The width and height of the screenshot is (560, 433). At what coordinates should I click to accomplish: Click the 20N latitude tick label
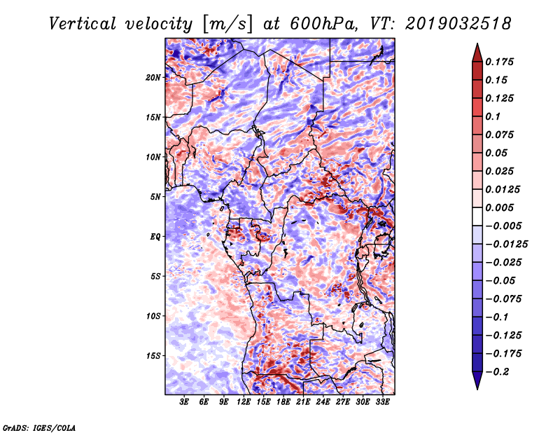click(153, 77)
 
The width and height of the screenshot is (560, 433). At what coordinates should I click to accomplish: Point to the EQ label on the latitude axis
click(156, 237)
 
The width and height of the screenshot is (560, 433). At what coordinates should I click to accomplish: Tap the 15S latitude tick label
click(153, 356)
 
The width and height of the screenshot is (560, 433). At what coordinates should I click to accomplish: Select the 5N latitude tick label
click(155, 197)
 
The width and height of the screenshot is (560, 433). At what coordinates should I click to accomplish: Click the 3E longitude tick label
click(185, 402)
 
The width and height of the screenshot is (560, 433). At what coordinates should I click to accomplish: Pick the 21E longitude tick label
click(303, 402)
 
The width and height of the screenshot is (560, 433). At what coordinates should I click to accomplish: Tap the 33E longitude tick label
click(382, 402)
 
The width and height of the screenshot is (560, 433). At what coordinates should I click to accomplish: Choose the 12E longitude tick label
click(244, 402)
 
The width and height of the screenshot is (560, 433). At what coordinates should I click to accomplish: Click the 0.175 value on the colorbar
click(502, 62)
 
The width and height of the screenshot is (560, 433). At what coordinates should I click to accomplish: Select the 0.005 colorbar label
click(502, 207)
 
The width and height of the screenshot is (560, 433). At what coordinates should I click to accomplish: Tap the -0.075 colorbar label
click(504, 298)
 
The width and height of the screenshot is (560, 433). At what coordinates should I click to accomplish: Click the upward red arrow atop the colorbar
click(476, 51)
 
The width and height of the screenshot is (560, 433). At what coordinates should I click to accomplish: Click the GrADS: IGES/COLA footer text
click(38, 427)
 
